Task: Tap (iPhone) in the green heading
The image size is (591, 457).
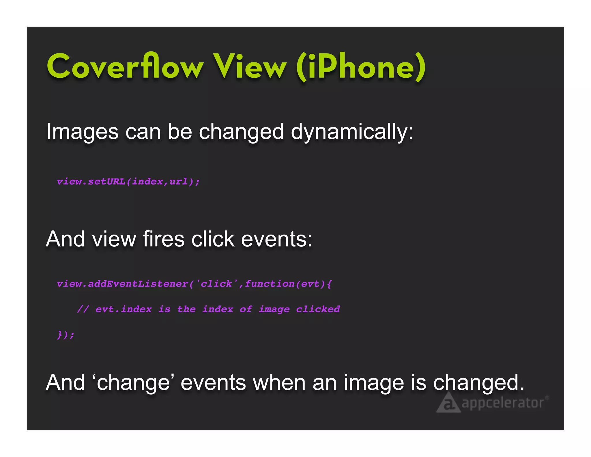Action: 361,67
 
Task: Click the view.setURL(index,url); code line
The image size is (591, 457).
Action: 128,181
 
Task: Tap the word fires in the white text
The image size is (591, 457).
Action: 163,239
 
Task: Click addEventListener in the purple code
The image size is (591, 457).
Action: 138,284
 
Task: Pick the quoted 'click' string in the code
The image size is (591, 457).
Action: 216,284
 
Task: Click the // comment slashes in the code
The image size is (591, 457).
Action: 83,309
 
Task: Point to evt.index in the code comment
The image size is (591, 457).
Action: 124,309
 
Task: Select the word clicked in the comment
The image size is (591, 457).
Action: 318,309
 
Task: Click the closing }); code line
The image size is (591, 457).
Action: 66,335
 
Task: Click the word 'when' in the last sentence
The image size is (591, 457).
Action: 279,382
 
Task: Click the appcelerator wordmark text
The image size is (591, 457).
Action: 503,403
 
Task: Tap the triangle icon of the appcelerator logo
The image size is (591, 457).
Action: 448,403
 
